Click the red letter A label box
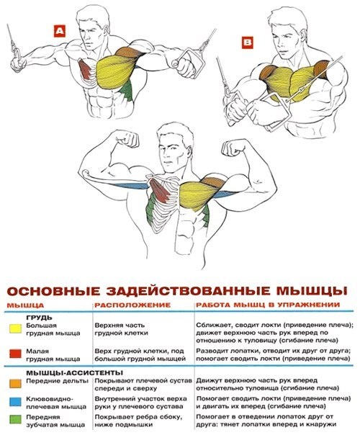pyautogui.click(x=59, y=30)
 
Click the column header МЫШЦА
pyautogui.click(x=24, y=305)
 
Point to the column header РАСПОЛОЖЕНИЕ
pyautogui.click(x=127, y=305)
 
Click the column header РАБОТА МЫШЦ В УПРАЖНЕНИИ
pyautogui.click(x=266, y=305)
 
